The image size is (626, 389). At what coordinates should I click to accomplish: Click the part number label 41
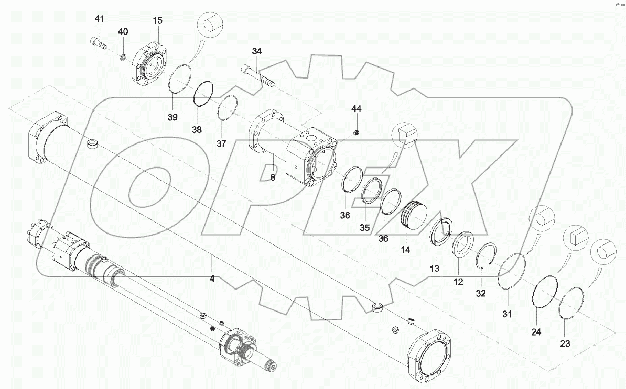[100, 19]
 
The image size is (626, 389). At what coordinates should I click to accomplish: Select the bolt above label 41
[98, 45]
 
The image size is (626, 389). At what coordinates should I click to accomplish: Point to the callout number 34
[256, 51]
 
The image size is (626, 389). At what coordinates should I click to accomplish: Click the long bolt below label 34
[257, 75]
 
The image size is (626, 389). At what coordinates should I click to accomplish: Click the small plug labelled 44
[357, 132]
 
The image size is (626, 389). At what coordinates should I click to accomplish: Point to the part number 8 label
[272, 177]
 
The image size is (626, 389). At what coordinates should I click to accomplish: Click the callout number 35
[364, 228]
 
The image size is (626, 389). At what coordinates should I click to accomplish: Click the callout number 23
[565, 343]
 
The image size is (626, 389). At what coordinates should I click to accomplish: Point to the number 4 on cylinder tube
[212, 279]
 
